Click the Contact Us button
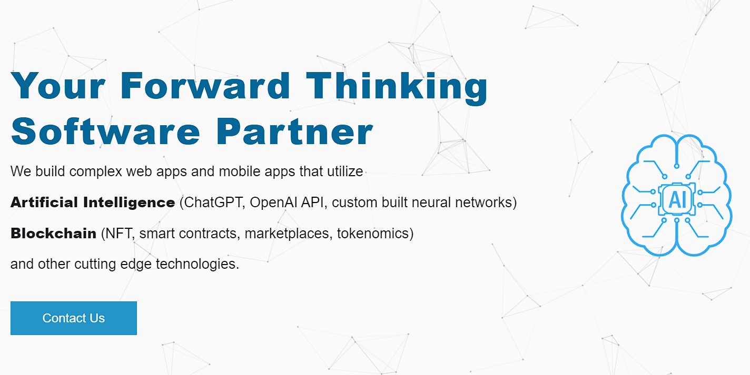pos(74,318)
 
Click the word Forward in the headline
pos(205,86)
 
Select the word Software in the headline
pos(106,131)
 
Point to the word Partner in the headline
pos(294,131)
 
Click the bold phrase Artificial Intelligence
pos(93,202)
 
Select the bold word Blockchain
pos(54,234)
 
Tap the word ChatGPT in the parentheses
pos(212,202)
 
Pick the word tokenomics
pos(373,234)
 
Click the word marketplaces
pos(288,234)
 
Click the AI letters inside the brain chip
pos(677,200)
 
